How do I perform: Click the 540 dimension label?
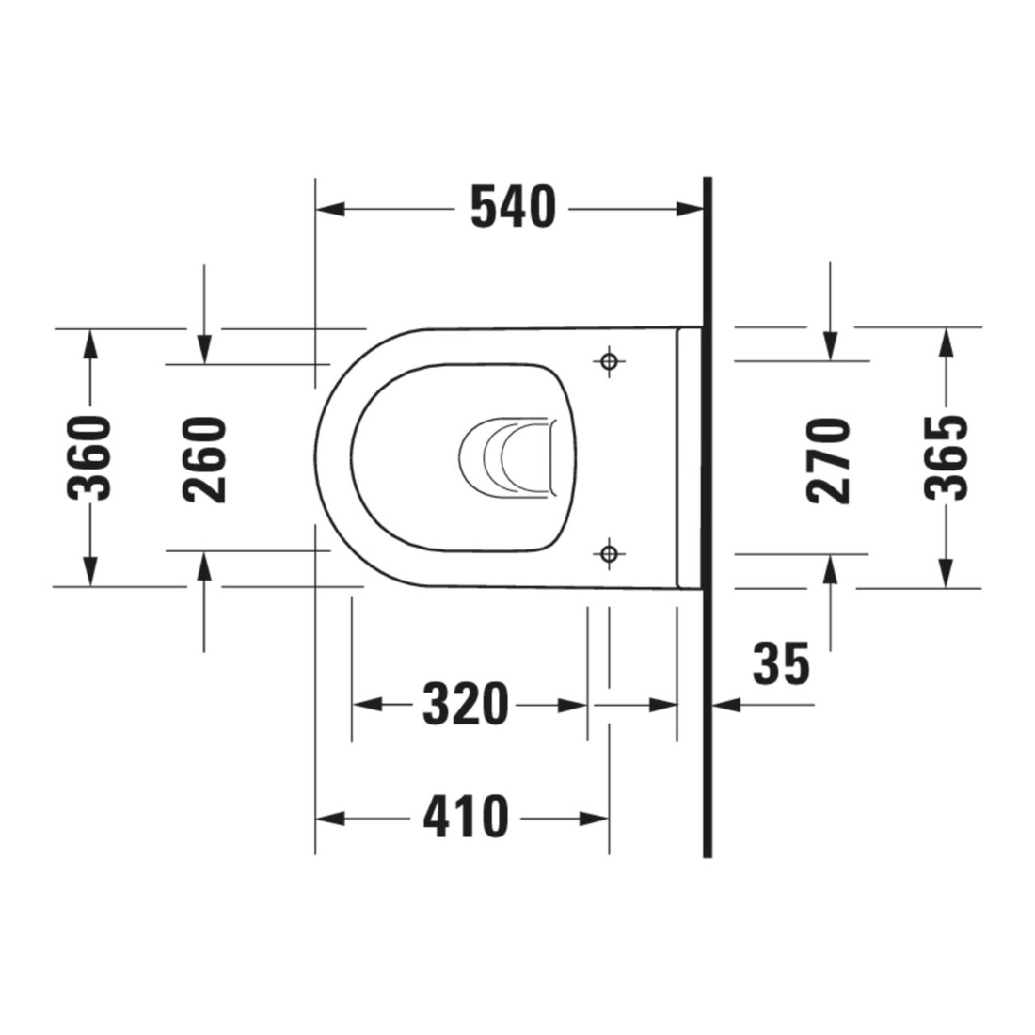(x=513, y=207)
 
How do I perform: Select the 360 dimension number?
(x=89, y=458)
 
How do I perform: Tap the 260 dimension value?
(x=204, y=460)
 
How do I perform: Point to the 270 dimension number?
(x=828, y=461)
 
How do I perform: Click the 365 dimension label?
(x=946, y=457)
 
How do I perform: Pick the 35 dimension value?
(x=781, y=662)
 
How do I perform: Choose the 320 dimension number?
(x=466, y=705)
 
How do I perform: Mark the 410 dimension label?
(x=466, y=817)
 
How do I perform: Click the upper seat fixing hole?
(x=609, y=361)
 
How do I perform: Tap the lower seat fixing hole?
(x=609, y=553)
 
